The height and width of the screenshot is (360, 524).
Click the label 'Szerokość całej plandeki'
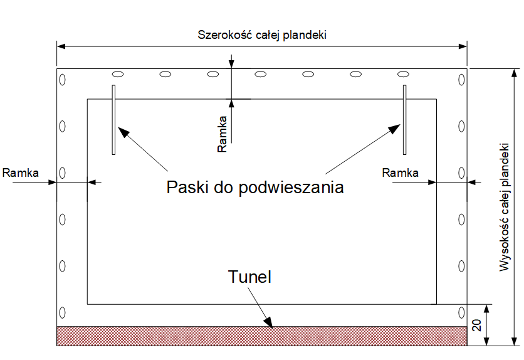tap(261, 34)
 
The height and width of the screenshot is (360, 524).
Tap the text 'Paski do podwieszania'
tap(255, 187)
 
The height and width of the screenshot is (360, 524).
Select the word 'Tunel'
tap(250, 277)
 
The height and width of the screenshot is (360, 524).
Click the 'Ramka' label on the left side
tap(21, 171)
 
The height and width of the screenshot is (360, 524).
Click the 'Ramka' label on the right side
tap(401, 172)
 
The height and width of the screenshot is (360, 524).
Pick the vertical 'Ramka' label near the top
tap(223, 134)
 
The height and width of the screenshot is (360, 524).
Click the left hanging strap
tap(113, 119)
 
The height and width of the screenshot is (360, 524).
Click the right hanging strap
tap(404, 119)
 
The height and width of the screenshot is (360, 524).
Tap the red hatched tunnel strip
tap(261, 336)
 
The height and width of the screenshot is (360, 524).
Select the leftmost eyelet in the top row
tap(117, 74)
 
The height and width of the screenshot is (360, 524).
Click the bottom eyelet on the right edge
tap(461, 312)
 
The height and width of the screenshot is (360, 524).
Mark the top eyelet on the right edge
tap(461, 80)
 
